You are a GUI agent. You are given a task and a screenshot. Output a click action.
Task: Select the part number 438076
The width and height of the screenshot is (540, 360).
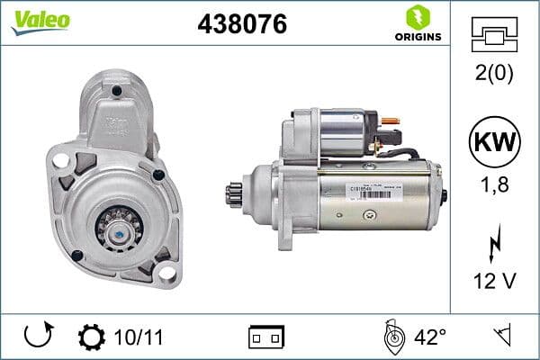pos(241,24)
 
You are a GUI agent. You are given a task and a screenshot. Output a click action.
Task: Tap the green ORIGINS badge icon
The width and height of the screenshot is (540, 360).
pos(417,16)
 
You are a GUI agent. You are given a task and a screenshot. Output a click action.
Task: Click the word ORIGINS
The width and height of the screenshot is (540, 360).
pos(417,37)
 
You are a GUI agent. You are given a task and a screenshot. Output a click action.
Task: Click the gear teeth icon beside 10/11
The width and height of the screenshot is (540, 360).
pos(92,337)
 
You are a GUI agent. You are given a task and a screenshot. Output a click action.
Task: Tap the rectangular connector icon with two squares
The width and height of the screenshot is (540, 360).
pos(266,337)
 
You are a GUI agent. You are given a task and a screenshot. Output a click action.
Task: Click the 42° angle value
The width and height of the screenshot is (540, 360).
pos(430,337)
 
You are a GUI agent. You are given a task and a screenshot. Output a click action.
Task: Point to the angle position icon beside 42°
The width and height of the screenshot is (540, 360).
pos(392,337)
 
